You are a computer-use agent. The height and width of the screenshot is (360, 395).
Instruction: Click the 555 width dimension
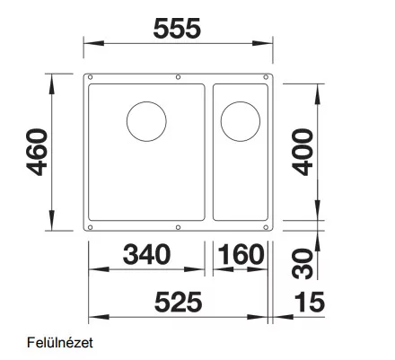click(x=177, y=29)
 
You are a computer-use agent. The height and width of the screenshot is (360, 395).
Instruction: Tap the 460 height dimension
click(x=37, y=152)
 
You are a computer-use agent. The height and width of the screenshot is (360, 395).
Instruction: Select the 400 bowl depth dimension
click(x=303, y=152)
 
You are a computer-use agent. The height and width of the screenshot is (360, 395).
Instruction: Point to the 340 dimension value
click(x=146, y=254)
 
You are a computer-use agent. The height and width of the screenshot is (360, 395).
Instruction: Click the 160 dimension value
click(x=241, y=254)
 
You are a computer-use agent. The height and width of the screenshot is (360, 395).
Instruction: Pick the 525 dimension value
click(x=179, y=302)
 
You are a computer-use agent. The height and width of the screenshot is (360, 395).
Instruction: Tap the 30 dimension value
click(x=303, y=264)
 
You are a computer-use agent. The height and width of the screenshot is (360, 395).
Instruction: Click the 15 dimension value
click(x=310, y=302)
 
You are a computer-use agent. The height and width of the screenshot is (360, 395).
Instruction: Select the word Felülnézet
click(x=60, y=343)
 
